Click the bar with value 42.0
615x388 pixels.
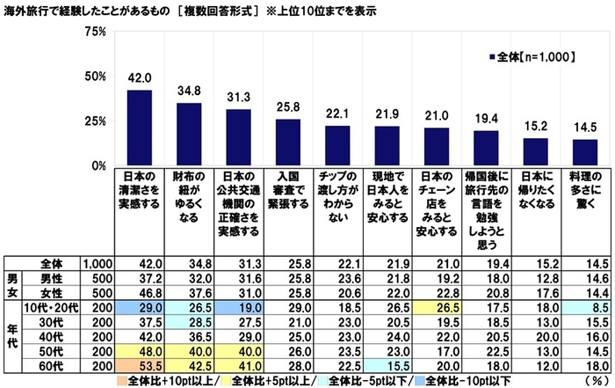[x=139, y=128]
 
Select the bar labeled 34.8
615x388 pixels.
[x=189, y=134]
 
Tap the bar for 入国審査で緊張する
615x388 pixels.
[x=287, y=142]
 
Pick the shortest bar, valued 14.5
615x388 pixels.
[x=584, y=152]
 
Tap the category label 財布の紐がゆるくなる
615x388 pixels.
[x=189, y=194]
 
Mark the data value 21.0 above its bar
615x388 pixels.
[x=436, y=116]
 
